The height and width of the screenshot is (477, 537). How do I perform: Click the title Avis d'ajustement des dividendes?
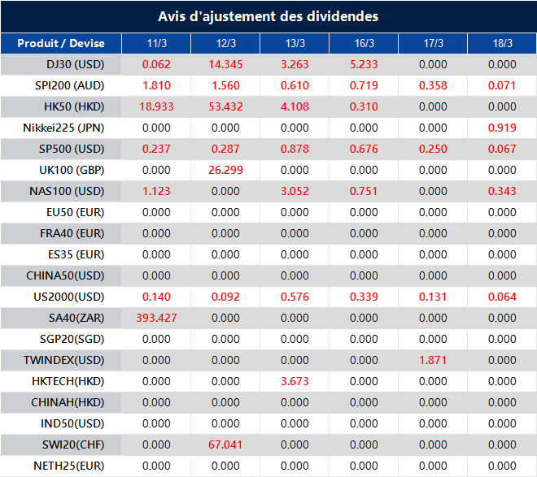268,16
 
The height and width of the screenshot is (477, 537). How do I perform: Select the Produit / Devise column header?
61,43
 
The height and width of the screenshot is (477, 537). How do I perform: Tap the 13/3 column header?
295,43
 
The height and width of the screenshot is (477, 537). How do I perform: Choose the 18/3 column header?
502,43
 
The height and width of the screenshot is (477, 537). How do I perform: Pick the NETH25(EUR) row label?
69,466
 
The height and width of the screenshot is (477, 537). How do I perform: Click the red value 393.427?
156,318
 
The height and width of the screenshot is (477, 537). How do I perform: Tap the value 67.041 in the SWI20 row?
225,444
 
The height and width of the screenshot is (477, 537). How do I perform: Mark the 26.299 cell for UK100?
225,170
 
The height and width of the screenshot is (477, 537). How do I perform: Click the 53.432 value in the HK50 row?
225,106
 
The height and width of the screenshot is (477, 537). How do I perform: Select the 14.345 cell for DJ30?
225,64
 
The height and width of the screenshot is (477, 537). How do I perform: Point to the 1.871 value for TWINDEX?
433,360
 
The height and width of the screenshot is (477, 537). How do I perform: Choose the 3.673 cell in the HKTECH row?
295,381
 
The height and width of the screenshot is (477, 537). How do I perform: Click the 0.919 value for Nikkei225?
502,128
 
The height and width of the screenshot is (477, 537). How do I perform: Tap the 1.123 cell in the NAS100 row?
156,191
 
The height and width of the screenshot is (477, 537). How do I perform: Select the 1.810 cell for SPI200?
156,85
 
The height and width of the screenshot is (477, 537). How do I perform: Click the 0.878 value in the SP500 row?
295,149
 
